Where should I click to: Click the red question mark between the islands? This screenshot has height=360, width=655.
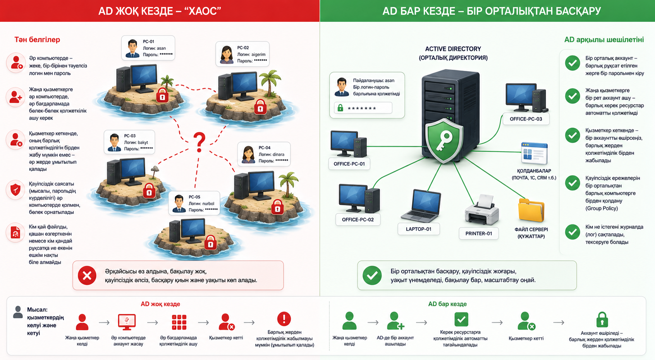coord(199,142)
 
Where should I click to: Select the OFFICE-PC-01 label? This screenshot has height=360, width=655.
coord(349,164)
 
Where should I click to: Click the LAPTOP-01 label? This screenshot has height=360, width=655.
coord(418,229)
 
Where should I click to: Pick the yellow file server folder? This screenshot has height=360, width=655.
coord(531,210)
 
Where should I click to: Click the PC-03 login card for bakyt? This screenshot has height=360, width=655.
coord(129,142)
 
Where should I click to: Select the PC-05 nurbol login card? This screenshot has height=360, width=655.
coord(194,203)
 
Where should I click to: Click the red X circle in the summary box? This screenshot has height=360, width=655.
coord(87,276)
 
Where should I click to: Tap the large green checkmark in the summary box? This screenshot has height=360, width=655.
coord(372,275)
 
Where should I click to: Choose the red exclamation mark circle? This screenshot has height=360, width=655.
coord(284,319)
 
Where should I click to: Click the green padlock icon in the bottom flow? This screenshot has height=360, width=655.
coord(602,319)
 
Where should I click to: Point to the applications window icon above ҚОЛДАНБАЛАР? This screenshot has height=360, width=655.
coord(534,153)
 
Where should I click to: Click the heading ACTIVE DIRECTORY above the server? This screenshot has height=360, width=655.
coord(453,49)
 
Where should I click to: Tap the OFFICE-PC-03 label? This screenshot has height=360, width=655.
coord(526,119)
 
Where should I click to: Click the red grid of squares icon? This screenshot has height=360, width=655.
coord(179,322)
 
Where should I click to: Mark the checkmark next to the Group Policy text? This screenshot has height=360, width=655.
coord(572,183)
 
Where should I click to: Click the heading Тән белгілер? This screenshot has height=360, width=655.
coord(37,40)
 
